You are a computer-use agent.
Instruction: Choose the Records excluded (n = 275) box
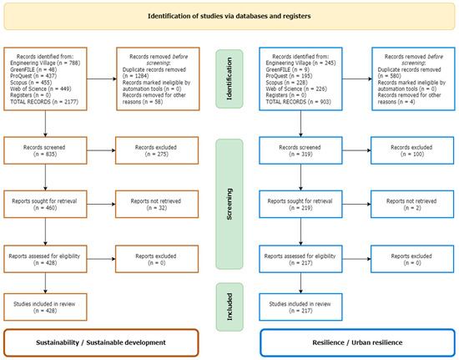coord(157,151)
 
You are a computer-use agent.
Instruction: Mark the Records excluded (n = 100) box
coord(411,151)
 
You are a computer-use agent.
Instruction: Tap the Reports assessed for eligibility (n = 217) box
coord(300,256)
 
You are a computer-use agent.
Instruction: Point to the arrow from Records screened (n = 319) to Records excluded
coord(355,151)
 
